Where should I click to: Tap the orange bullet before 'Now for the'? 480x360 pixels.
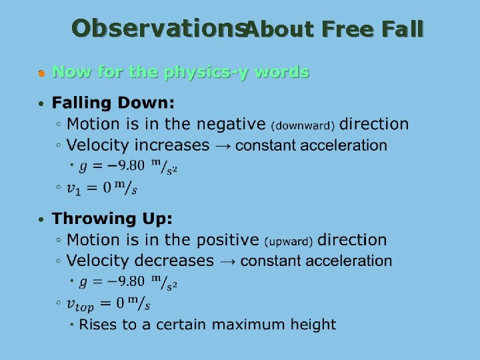41,73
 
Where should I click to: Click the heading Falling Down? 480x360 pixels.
113,103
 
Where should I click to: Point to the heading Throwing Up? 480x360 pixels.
112,219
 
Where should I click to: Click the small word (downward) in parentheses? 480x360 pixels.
304,125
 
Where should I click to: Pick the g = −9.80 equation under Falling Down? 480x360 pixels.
127,167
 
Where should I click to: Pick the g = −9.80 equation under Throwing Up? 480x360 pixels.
127,283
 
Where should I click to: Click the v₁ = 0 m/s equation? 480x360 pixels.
102,189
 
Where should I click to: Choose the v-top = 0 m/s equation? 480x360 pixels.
109,305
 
